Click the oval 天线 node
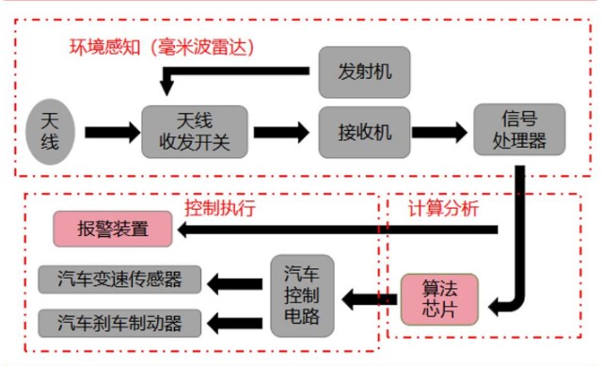tap(50, 131)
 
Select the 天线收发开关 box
tap(195, 131)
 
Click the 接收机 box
tap(363, 131)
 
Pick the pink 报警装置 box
tap(113, 229)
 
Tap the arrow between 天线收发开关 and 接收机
tap(280, 131)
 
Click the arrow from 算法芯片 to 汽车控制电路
tap(369, 300)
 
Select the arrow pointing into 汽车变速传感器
tap(234, 278)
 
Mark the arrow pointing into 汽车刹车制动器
tap(234, 324)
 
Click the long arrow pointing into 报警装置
tap(329, 229)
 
